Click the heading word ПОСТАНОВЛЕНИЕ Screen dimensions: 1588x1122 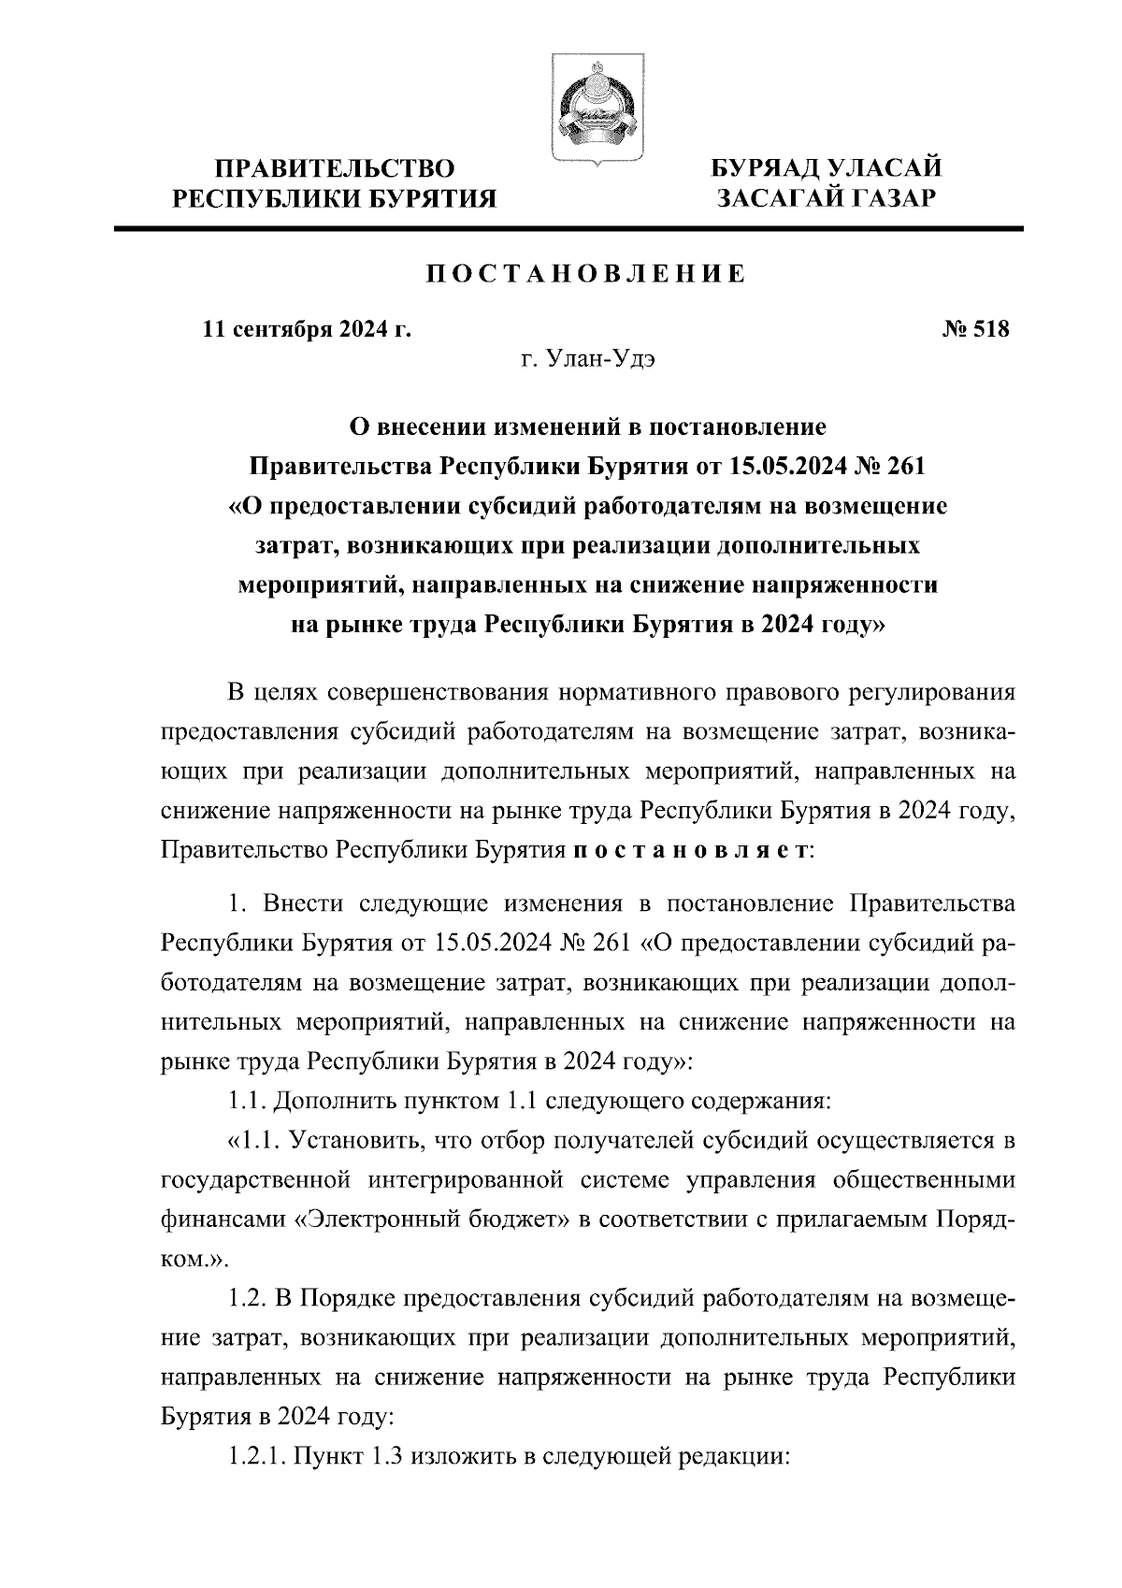click(586, 274)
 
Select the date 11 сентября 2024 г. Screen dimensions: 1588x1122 click(308, 329)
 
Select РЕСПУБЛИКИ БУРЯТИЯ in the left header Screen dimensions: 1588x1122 click(337, 198)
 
